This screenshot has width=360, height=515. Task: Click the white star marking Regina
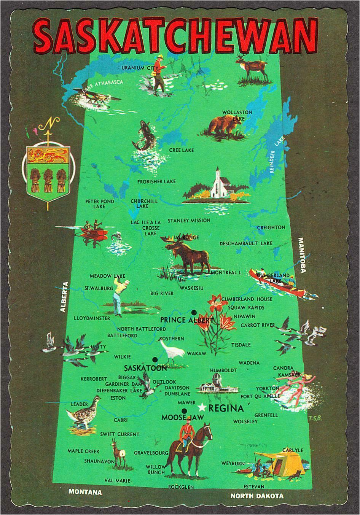(202, 408)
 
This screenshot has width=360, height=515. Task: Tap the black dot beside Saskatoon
(155, 359)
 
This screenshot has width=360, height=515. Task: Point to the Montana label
(85, 492)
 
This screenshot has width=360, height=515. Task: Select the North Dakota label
(257, 496)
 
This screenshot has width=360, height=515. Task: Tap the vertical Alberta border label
(64, 296)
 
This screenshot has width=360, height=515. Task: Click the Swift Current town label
(119, 434)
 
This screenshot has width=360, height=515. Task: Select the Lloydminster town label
(92, 318)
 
